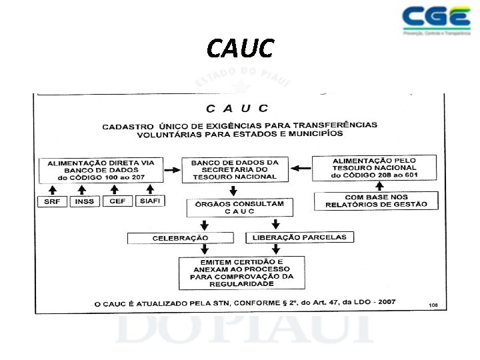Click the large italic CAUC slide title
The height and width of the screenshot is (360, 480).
point(240,48)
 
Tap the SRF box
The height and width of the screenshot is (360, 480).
point(53,201)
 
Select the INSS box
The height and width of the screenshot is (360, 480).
point(85,201)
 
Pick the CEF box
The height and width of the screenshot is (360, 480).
point(117,201)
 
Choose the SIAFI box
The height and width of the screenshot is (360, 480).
point(151,201)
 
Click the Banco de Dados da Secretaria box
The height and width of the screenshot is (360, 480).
point(235,169)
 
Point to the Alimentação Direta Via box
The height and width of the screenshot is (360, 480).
point(101,169)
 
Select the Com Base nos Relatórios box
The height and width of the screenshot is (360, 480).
point(376,201)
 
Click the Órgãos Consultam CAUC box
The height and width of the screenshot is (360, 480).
point(239,207)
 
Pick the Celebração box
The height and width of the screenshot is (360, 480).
point(180,238)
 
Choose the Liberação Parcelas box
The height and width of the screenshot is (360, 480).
point(299,237)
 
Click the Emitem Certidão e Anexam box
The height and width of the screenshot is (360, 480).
point(241,272)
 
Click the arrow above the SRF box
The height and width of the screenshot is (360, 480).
point(53,189)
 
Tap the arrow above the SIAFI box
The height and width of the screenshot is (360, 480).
point(151,189)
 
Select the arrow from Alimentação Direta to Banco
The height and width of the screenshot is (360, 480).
point(173,169)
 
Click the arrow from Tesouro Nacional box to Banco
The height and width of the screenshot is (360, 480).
point(302,168)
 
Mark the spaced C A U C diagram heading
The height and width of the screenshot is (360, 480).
point(237,109)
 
